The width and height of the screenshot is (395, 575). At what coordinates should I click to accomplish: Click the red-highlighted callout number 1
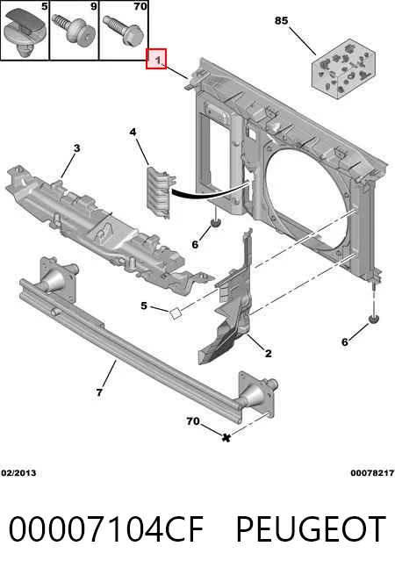(156, 59)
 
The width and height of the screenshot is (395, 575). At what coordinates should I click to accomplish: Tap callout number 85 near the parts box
(281, 20)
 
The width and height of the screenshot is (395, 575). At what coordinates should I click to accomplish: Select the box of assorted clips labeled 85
(344, 69)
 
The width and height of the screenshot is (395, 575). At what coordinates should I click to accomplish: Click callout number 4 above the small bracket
(133, 132)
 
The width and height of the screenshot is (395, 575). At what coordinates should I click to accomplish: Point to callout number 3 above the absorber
(76, 148)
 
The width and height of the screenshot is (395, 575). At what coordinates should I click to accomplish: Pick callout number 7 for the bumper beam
(99, 392)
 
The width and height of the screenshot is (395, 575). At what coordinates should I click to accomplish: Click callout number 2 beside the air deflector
(269, 353)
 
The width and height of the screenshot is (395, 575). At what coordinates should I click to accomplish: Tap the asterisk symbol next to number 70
(226, 437)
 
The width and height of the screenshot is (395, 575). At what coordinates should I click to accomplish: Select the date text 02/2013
(18, 473)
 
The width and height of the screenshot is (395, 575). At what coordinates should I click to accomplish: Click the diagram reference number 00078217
(372, 473)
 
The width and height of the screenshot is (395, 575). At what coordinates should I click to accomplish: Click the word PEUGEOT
(311, 528)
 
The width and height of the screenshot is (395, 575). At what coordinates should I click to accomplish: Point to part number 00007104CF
(106, 528)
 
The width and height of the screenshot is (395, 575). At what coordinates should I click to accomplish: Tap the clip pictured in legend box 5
(25, 32)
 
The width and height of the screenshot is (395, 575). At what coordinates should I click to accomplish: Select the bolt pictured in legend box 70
(123, 31)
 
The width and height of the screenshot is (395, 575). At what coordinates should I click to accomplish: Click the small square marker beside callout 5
(176, 313)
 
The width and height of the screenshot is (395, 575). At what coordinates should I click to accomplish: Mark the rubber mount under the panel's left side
(215, 222)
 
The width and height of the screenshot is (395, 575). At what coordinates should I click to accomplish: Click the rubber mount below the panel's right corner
(373, 319)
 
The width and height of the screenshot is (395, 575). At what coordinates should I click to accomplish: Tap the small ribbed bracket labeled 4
(160, 192)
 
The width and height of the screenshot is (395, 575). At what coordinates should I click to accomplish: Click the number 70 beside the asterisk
(193, 421)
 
